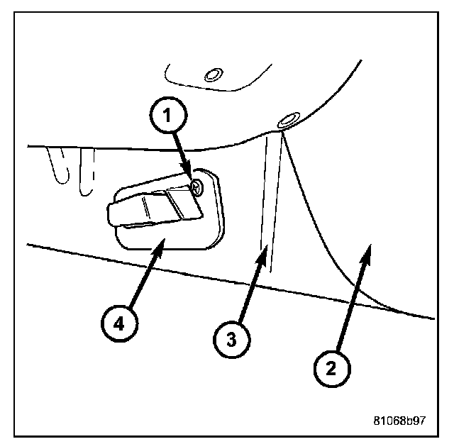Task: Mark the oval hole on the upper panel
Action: pos(211,74)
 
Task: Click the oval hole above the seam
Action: pos(288,121)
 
